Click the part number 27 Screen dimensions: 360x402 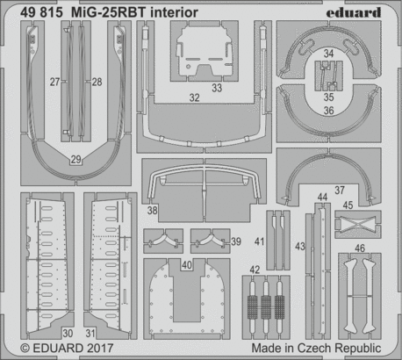54,82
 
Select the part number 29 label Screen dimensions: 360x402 75,158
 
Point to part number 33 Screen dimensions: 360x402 216,88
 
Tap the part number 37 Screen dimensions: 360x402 339,190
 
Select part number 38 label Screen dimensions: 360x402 153,211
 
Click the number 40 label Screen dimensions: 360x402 187,263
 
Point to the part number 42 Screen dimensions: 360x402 255,270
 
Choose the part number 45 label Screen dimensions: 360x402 348,205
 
